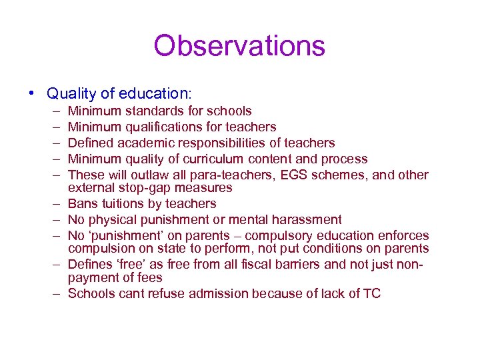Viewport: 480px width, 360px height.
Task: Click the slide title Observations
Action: (x=239, y=46)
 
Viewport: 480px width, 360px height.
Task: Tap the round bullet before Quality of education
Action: (x=33, y=93)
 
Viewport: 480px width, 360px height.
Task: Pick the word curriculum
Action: (x=213, y=159)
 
